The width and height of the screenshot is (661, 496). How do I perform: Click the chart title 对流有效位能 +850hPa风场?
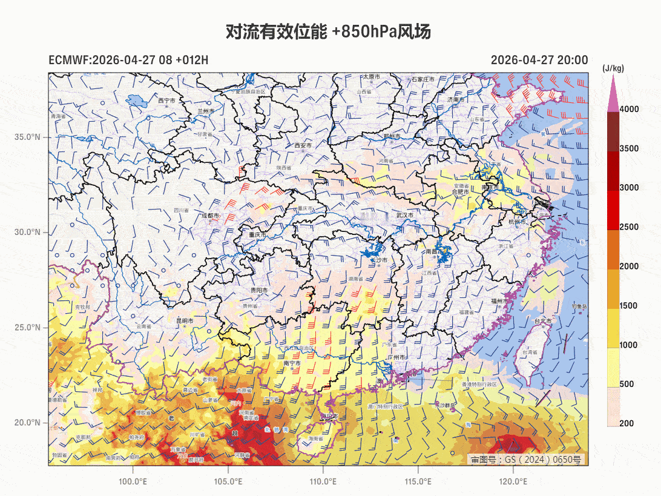pyautogui.click(x=328, y=32)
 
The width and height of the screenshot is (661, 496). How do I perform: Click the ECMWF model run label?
pyautogui.click(x=128, y=60)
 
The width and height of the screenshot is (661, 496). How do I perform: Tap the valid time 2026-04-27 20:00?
pyautogui.click(x=539, y=60)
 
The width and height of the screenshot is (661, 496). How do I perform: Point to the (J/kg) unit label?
pyautogui.click(x=613, y=68)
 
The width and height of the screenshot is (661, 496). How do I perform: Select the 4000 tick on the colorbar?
pyautogui.click(x=629, y=109)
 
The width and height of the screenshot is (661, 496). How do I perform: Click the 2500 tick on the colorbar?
pyautogui.click(x=629, y=227)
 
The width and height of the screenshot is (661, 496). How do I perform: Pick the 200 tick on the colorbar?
pyautogui.click(x=626, y=423)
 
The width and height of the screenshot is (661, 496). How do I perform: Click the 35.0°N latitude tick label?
pyautogui.click(x=27, y=137)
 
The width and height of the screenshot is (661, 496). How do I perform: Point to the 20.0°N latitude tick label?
pyautogui.click(x=27, y=423)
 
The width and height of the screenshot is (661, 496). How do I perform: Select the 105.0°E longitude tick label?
pyautogui.click(x=228, y=481)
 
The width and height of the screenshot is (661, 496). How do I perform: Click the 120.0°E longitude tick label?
pyautogui.click(x=513, y=481)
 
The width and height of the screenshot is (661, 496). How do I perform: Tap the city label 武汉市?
pyautogui.click(x=404, y=215)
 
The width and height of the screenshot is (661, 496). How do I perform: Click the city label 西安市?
pyautogui.click(x=303, y=146)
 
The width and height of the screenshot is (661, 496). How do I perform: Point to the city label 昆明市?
pyautogui.click(x=185, y=321)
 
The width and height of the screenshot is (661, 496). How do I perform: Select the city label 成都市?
pyautogui.click(x=212, y=215)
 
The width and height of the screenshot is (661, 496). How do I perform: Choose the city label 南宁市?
pyautogui.click(x=292, y=363)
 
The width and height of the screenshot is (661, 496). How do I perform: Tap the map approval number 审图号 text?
pyautogui.click(x=526, y=460)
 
